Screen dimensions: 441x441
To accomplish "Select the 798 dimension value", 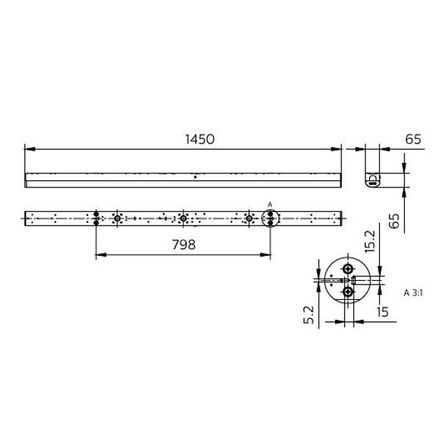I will tap(183, 245).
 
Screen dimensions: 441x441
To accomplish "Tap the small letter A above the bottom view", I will tap(270, 204).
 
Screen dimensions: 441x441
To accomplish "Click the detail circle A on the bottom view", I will tap(270, 218).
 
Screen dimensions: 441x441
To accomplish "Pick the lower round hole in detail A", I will tap(348, 292).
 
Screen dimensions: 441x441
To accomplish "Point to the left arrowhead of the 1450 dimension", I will tap(28, 149).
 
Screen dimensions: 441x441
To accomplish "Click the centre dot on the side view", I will tap(195, 176).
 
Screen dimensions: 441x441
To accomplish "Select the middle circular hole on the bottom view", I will tap(183, 218).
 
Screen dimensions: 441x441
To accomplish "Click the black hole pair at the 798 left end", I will tap(96, 218).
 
